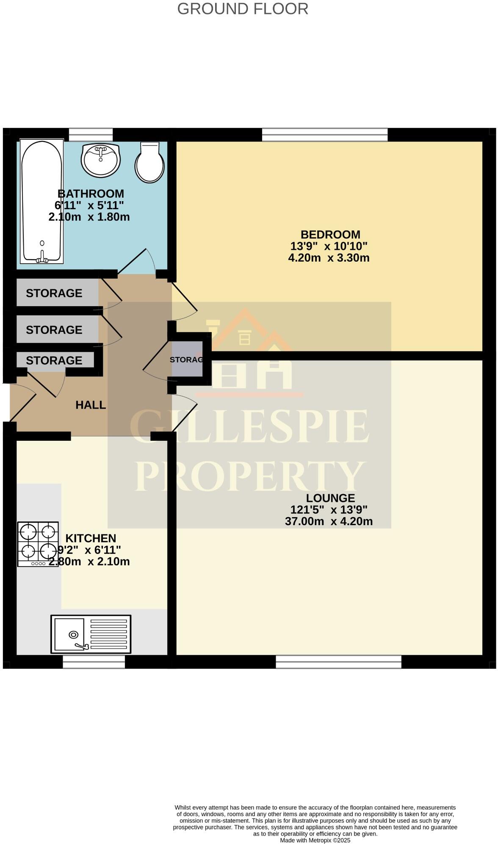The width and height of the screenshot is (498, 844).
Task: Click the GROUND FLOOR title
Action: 243,9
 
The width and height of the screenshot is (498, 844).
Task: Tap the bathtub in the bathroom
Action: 41,201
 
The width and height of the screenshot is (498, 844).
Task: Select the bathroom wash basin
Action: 101,160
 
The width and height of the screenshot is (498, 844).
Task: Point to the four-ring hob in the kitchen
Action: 38,544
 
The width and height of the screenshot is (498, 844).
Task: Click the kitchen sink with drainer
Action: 91,634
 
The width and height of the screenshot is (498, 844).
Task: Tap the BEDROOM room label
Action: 330,235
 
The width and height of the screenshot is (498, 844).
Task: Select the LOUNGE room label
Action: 330,498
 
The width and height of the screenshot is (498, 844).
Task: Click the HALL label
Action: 91,405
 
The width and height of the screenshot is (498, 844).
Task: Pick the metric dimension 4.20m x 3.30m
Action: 329,258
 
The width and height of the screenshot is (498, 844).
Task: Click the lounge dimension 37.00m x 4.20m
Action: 329,521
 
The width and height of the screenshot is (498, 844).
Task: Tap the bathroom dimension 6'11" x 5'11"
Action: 89,205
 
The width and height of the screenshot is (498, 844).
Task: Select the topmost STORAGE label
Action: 54,293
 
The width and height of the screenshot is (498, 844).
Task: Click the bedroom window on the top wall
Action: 325,135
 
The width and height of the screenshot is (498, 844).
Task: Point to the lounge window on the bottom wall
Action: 338,661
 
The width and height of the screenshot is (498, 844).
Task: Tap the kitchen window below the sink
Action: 94,661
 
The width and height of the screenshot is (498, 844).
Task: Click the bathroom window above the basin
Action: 91,135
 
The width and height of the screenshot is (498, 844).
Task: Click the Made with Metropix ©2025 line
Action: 315,840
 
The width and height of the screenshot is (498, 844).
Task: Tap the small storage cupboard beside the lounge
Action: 187,359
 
